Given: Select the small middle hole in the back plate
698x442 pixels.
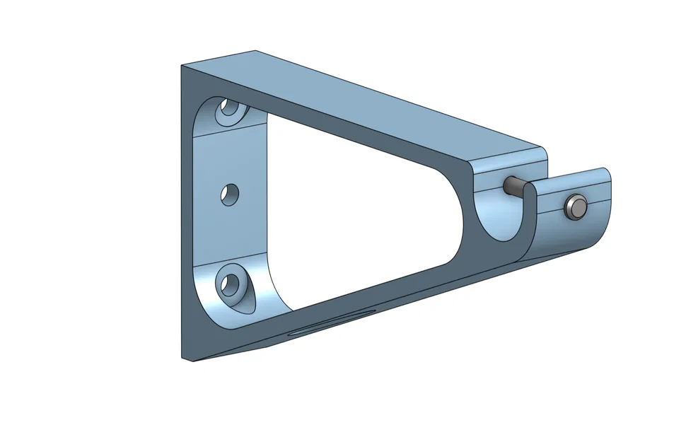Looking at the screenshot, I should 229,193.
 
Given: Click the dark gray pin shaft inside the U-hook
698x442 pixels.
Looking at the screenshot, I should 514,187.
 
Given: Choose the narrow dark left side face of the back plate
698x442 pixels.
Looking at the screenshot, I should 187,212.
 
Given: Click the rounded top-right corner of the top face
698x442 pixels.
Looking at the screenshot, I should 543,150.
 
